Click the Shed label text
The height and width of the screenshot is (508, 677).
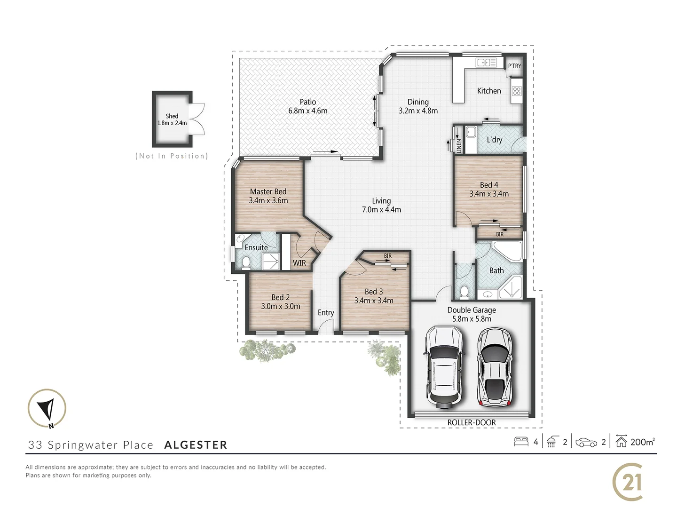click(x=172, y=116)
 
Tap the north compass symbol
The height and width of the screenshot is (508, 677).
click(x=47, y=408)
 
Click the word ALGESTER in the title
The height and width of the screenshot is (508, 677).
click(x=196, y=445)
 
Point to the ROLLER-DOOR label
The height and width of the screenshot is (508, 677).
click(x=471, y=422)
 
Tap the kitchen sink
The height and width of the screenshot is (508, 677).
click(x=486, y=63)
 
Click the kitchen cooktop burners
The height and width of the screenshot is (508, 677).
click(x=517, y=91)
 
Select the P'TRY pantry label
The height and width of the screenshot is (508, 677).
click(x=514, y=66)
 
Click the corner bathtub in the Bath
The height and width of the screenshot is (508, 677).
click(x=509, y=253)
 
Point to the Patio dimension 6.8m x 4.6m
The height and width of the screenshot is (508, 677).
click(x=308, y=111)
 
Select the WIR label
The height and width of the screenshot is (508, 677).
click(x=299, y=262)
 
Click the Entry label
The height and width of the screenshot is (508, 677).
click(x=325, y=313)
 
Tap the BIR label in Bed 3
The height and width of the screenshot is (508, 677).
click(x=387, y=256)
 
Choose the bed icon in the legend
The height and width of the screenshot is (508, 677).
click(x=521, y=442)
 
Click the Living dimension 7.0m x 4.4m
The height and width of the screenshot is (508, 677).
click(x=381, y=210)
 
